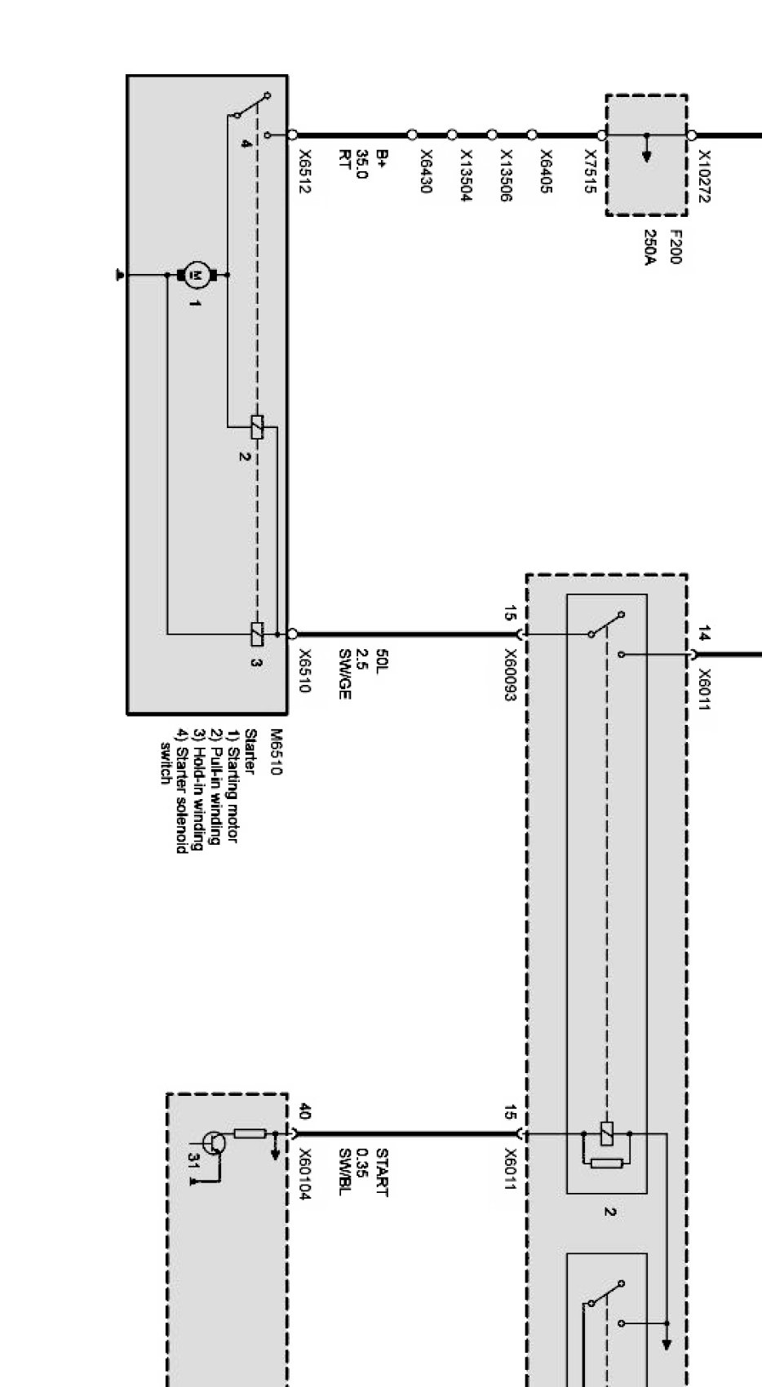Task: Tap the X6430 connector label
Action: [x=425, y=170]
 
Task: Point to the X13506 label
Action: [x=505, y=175]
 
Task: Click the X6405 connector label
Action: [x=546, y=171]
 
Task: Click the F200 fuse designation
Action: [x=676, y=246]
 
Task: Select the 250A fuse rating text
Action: [x=650, y=247]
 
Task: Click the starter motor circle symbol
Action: [x=195, y=276]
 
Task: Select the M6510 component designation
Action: [x=275, y=753]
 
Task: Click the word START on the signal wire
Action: [x=381, y=1173]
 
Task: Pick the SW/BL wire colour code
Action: [x=344, y=1173]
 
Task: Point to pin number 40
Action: [x=303, y=1111]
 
